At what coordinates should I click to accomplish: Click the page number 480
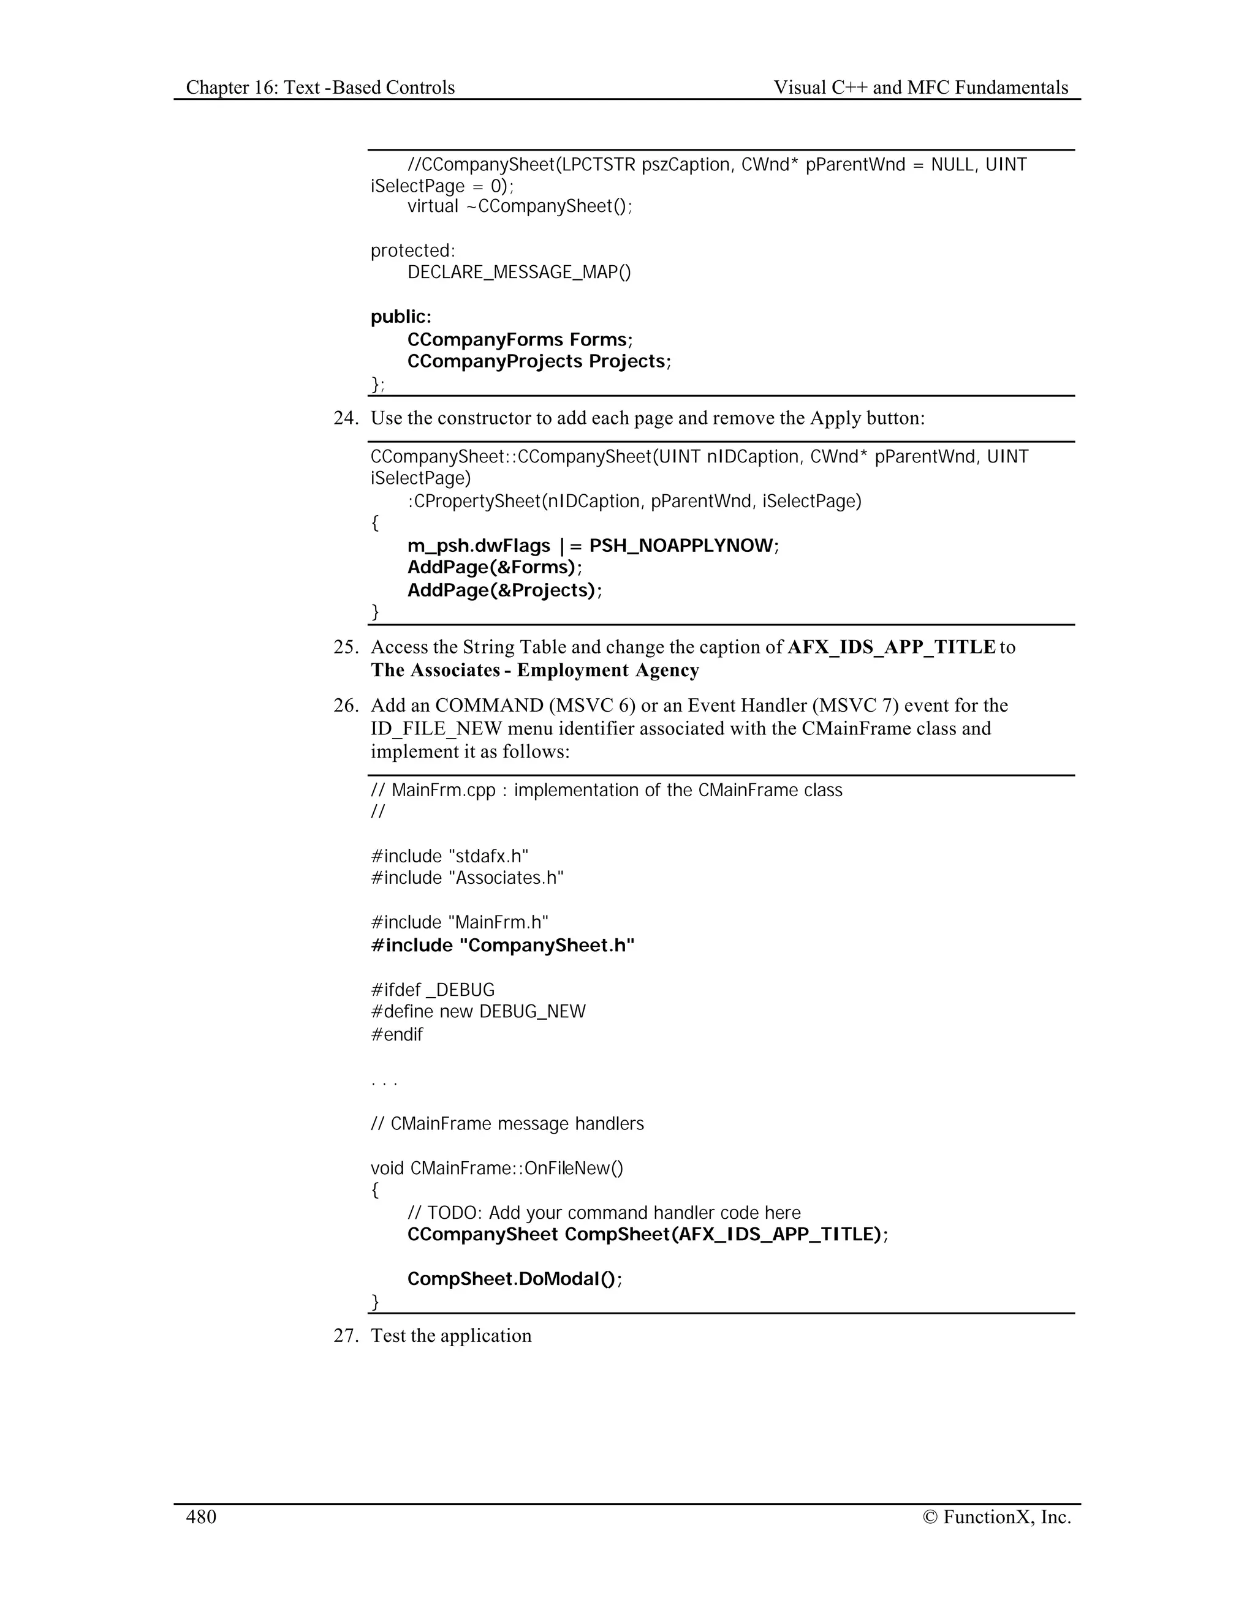201,1516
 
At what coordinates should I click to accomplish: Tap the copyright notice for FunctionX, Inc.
996,1516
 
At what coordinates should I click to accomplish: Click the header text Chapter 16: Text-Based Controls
320,88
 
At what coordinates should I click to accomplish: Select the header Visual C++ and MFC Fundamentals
920,88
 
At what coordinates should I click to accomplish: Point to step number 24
346,418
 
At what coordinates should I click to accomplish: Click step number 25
346,647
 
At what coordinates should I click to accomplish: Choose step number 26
346,705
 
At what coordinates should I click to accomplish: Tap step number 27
346,1335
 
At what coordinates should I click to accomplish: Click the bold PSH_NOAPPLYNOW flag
681,546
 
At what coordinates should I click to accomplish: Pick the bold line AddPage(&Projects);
504,590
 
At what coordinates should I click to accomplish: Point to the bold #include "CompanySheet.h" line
502,945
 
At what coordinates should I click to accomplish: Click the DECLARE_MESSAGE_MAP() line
519,272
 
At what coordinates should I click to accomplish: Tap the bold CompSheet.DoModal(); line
515,1279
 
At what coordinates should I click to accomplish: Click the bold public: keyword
401,317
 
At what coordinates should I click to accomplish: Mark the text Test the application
451,1335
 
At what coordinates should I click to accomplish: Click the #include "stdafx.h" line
450,856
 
